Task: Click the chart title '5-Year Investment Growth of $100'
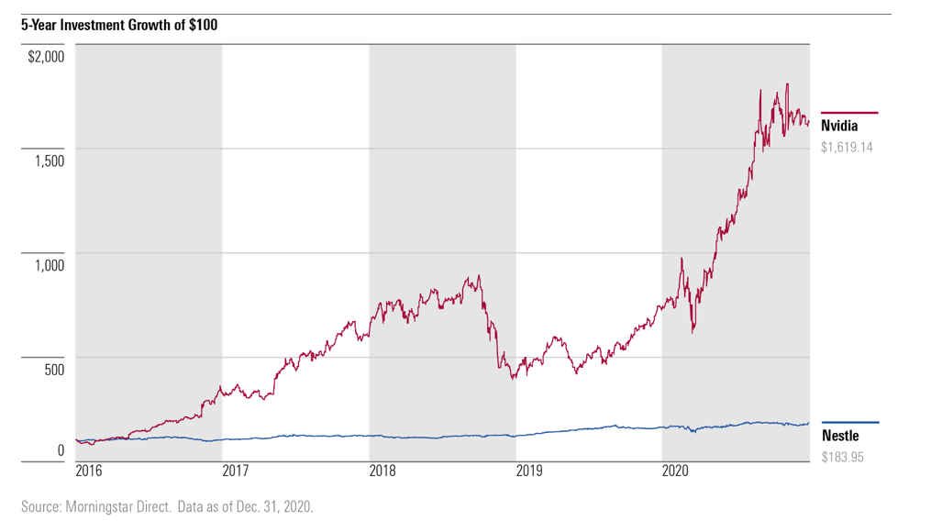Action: tap(119, 25)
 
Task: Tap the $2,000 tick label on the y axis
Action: tap(46, 57)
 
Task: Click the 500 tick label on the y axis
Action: tap(53, 370)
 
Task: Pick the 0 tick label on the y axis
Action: tap(61, 450)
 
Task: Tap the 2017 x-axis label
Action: tap(236, 471)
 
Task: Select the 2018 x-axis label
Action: tap(382, 471)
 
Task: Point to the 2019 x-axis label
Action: tap(529, 471)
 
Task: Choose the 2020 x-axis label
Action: tap(675, 471)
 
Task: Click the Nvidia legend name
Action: tap(839, 127)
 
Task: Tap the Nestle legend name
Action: tap(839, 436)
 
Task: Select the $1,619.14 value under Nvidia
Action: tap(846, 147)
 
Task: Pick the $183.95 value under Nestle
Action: tap(842, 456)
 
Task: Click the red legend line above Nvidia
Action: tap(849, 113)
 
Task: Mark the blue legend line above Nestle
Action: tap(849, 422)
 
